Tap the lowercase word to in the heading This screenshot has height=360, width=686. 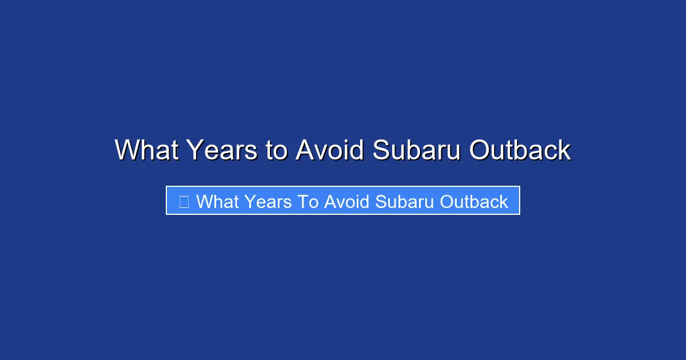click(277, 151)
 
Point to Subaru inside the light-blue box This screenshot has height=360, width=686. click(401, 202)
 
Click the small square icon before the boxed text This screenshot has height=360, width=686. click(184, 202)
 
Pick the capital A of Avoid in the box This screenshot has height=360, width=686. click(330, 202)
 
